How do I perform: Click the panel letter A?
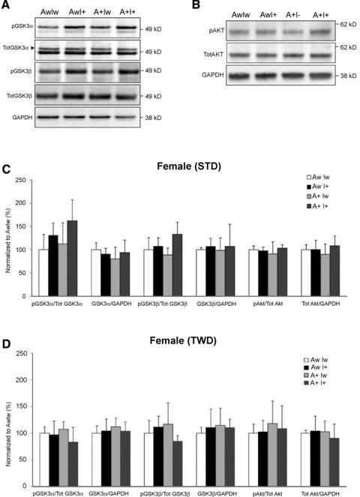(x=6, y=7)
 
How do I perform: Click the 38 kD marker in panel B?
(x=347, y=76)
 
